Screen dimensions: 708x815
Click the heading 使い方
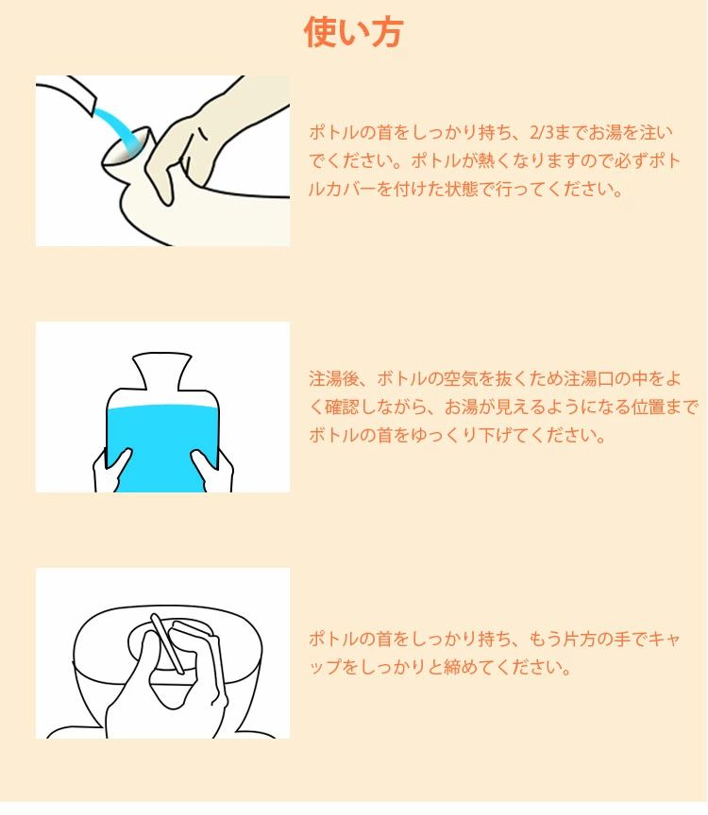point(354,32)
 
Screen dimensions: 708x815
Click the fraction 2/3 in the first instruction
point(541,133)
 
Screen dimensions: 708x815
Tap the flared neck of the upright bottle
point(162,371)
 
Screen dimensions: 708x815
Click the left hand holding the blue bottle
point(110,471)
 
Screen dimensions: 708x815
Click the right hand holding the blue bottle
point(212,471)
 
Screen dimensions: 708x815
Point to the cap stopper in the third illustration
point(167,643)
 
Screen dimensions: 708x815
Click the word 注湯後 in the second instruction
point(334,379)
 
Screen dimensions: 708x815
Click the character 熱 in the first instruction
point(486,160)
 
